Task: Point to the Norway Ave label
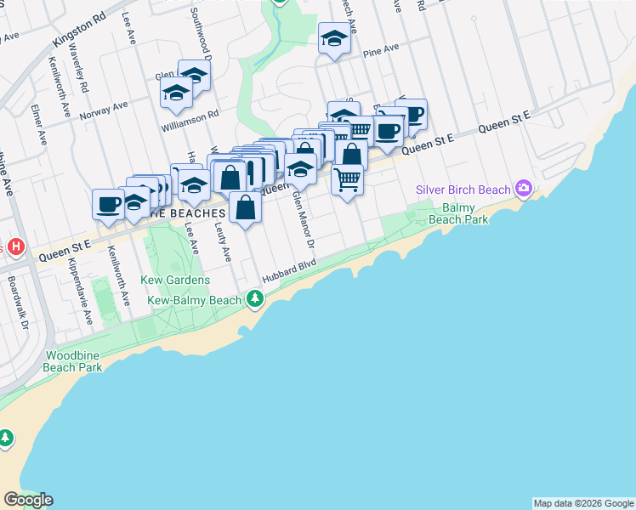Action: point(104,110)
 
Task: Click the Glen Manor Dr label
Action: point(304,219)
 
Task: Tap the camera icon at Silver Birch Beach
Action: point(524,189)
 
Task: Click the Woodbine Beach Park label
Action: point(75,360)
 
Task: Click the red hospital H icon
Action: point(14,247)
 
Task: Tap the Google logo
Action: point(28,500)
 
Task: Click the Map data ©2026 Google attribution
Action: point(583,503)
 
